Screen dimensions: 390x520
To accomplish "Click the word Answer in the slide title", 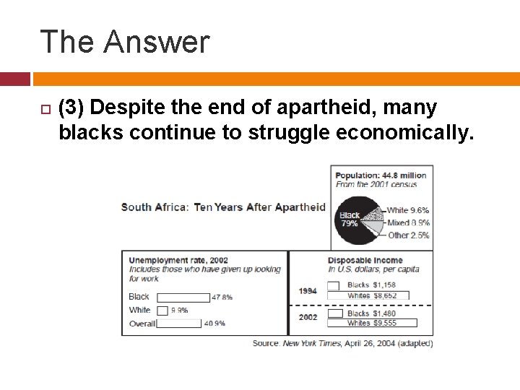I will pos(156,42).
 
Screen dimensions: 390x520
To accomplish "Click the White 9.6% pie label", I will pos(408,211).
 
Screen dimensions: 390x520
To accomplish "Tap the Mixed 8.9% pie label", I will pos(408,222).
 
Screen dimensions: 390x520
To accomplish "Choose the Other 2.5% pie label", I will pos(408,235).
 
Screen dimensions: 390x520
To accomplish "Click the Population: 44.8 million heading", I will pos(381,175).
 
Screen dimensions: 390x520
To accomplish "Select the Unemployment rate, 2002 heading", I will pos(178,261).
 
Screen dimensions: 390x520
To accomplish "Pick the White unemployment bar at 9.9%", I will pos(162,311).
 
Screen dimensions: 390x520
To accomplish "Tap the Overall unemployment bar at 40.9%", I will pos(179,324).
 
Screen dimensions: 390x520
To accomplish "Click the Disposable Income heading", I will pos(365,261).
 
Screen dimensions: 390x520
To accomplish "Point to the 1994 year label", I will pos(308,291).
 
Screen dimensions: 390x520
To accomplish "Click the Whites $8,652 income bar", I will pos(368,295).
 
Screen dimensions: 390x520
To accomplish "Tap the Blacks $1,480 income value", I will pos(371,313).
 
